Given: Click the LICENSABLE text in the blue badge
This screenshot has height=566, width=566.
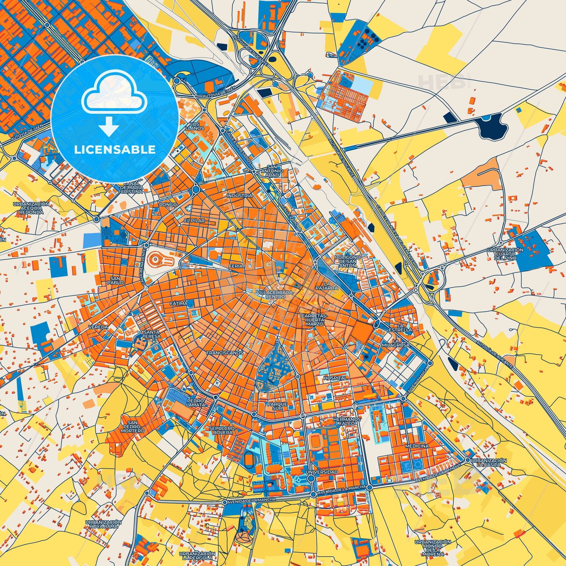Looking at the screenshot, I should (x=115, y=149).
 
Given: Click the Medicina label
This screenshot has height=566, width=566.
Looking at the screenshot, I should (x=417, y=446).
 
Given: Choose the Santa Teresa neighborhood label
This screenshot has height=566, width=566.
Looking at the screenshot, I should (x=152, y=334).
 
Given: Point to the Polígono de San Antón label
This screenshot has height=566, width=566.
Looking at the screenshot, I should (x=348, y=261).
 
